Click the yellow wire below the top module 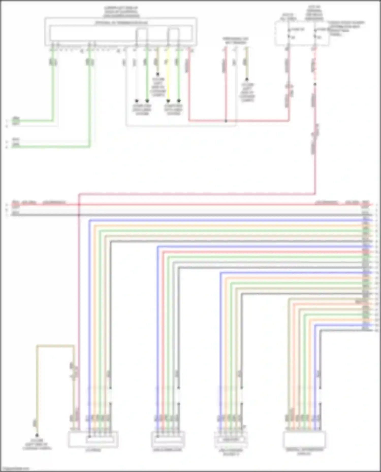click(x=168, y=76)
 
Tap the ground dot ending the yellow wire click(x=168, y=101)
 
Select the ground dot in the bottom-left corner click(x=37, y=435)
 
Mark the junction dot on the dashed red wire click(x=315, y=84)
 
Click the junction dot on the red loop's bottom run click(x=226, y=121)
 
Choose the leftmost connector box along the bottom click(x=93, y=439)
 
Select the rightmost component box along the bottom click(x=304, y=439)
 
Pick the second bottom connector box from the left click(x=168, y=439)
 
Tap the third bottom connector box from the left click(x=231, y=439)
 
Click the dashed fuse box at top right click(x=302, y=33)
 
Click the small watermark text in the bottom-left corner click(x=15, y=469)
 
